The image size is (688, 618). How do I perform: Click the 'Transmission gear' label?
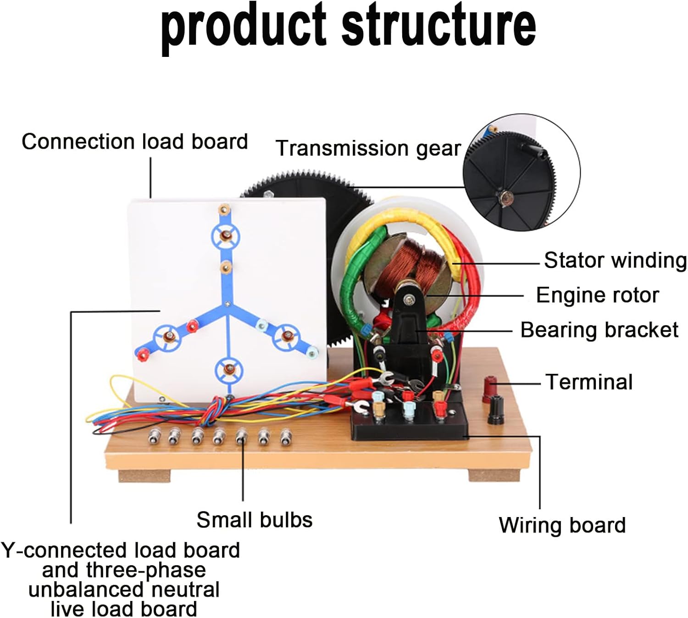368,149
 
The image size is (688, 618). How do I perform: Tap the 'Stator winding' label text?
615,261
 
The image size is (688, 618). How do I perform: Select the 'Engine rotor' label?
597,295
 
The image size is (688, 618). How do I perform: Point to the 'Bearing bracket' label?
599,330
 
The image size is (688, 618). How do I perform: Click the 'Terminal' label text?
589,382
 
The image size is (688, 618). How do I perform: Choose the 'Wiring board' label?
562,525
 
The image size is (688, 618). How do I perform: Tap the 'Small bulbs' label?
255,520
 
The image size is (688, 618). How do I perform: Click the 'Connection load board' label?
134,141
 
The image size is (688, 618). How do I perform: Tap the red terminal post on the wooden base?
490,390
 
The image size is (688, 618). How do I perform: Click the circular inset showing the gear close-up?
521,172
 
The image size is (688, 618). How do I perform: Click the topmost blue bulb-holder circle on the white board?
225,237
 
